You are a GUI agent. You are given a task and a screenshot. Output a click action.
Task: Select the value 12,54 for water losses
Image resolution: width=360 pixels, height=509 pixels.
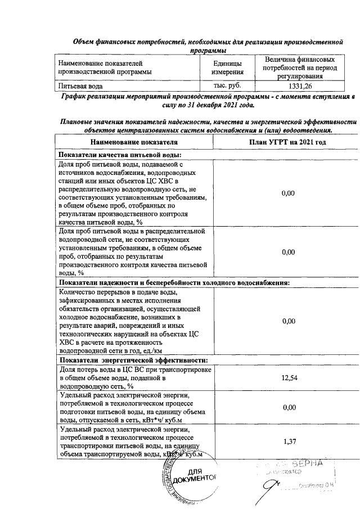click(288, 377)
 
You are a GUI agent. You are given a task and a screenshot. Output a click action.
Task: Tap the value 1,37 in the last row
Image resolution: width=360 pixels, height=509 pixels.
click(288, 440)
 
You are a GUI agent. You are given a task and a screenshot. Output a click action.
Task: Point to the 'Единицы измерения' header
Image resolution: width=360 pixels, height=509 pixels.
click(227, 67)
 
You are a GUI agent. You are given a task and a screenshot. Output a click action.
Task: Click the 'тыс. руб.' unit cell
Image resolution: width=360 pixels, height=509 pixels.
click(227, 87)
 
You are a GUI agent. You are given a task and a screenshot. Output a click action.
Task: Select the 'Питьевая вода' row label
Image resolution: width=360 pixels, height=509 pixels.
click(80, 87)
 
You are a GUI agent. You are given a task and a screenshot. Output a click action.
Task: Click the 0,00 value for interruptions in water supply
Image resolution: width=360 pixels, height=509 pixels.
click(288, 321)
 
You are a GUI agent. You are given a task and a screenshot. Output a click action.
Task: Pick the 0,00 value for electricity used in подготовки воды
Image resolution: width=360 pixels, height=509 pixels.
click(288, 407)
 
